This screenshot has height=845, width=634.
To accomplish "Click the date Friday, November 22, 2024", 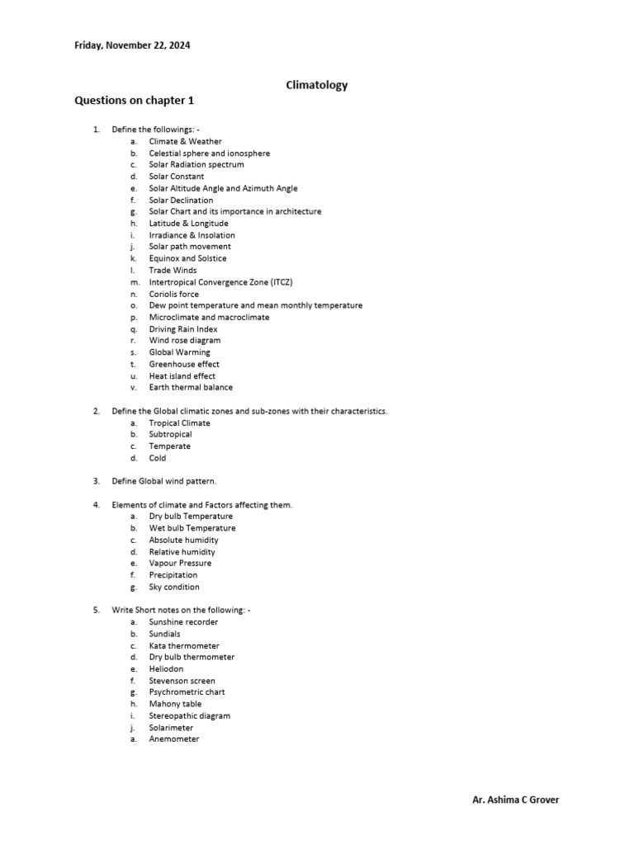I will [x=132, y=45].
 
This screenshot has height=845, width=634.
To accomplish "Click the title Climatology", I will [x=316, y=85].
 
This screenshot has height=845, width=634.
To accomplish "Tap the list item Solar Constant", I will [x=176, y=177].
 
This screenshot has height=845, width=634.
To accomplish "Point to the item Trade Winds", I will [x=173, y=270].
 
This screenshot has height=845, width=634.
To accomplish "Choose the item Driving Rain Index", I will [x=183, y=328].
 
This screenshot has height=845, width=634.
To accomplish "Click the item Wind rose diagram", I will [x=184, y=340].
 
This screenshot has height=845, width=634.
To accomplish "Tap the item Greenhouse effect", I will [x=184, y=364].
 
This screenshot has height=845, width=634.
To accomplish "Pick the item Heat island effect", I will [x=182, y=375].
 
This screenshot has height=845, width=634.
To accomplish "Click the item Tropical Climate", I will [x=179, y=422].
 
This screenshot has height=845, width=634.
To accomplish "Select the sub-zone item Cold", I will [x=157, y=458].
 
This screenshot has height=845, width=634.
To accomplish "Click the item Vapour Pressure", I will [x=180, y=563].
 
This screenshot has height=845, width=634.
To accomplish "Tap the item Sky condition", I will [x=173, y=587].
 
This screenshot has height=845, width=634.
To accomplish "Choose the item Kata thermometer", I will [x=184, y=645].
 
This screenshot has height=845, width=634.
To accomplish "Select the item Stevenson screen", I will [x=182, y=681].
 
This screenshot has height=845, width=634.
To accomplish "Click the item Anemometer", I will [x=173, y=739].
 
